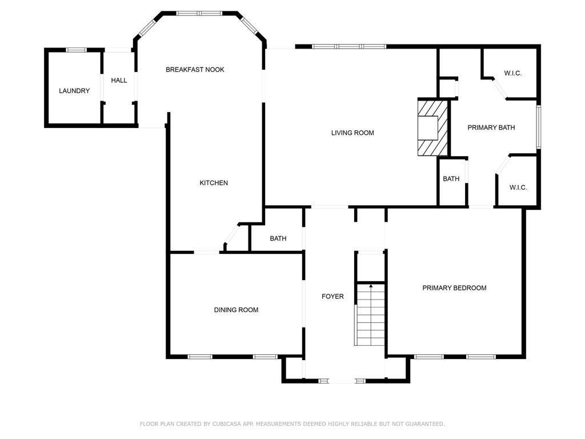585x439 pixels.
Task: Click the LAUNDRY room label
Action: [74, 91]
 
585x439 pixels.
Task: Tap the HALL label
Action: [119, 80]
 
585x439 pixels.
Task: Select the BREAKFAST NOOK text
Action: [195, 69]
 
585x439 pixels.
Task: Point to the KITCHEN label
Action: [214, 182]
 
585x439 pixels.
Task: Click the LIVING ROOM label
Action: [352, 133]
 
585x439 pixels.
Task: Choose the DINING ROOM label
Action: [236, 309]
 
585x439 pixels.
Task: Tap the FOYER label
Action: [332, 297]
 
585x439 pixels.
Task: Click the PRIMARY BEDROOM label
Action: [454, 288]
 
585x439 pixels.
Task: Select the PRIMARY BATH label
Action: [491, 127]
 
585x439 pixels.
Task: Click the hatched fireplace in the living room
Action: [432, 127]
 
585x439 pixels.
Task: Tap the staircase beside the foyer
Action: [370, 315]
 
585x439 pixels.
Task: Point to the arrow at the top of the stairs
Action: [370, 286]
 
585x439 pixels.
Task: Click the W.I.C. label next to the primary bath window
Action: [512, 73]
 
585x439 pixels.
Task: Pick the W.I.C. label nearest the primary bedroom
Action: [518, 187]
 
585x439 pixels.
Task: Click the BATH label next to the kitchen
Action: [278, 238]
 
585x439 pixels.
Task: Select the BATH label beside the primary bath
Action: [451, 179]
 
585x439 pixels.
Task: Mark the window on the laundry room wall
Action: [77, 50]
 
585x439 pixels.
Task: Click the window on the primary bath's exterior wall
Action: [538, 127]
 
